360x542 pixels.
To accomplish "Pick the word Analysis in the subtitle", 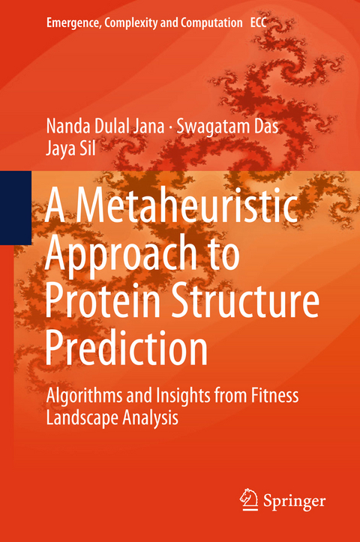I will coord(151,418).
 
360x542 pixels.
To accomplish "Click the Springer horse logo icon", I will coord(249,498).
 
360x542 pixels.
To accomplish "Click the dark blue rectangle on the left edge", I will coord(15,208).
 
